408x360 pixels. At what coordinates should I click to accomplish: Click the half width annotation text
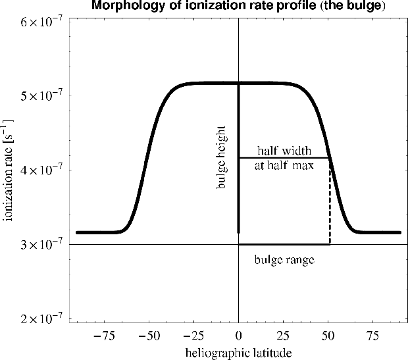284,150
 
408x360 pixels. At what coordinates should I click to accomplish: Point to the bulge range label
284,260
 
